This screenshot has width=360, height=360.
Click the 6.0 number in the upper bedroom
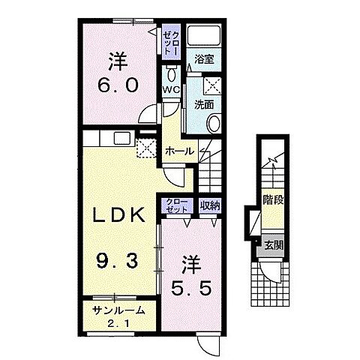click(x=118, y=85)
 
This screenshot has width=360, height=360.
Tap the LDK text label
click(x=118, y=214)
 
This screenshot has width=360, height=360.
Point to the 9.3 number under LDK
click(x=118, y=261)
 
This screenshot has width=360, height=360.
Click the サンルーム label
click(x=118, y=310)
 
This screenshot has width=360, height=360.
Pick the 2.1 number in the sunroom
click(x=118, y=324)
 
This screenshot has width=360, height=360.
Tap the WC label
click(x=171, y=89)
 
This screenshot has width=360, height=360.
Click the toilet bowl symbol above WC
click(x=171, y=73)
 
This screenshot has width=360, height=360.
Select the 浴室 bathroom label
click(x=204, y=59)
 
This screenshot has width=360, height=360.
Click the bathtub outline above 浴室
click(x=204, y=34)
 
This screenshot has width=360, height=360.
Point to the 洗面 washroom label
click(x=204, y=105)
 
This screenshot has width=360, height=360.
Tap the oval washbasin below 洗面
click(x=214, y=124)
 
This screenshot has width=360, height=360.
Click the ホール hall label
click(x=180, y=151)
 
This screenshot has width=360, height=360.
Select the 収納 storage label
click(x=210, y=205)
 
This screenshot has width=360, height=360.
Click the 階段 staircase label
click(x=273, y=200)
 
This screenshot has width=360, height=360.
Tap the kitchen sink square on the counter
click(x=122, y=138)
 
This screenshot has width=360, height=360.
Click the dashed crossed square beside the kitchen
click(x=146, y=148)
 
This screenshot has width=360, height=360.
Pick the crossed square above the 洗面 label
click(x=212, y=85)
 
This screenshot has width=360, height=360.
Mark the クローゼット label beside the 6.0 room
click(x=171, y=42)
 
